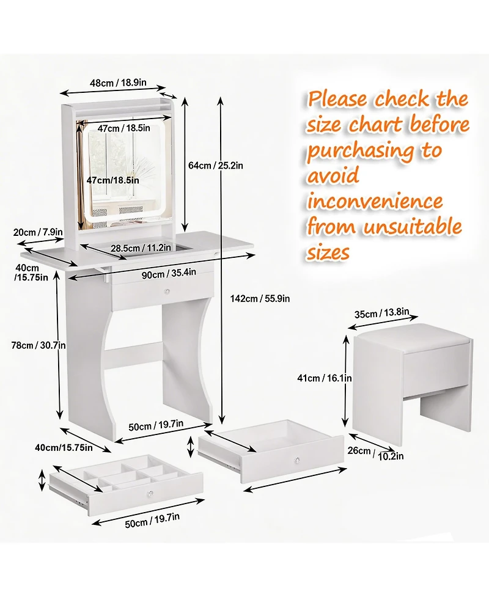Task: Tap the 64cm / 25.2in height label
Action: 216,165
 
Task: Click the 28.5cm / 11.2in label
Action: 141,248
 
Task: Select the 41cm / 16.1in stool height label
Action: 325,378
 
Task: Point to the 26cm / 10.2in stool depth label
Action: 376,453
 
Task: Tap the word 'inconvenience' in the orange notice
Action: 375,201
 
